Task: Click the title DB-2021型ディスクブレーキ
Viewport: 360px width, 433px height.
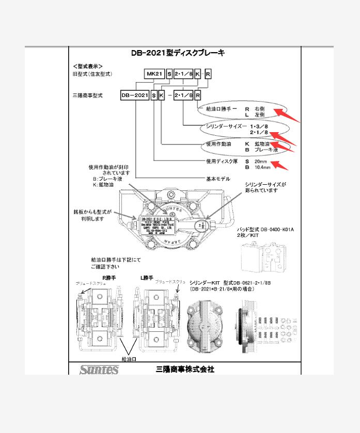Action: pos(178,53)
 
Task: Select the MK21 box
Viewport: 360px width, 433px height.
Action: pos(154,74)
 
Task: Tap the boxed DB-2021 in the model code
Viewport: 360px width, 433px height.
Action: pos(134,96)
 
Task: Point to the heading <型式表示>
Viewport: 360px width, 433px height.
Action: pos(88,67)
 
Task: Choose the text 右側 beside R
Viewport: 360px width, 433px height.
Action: pos(259,109)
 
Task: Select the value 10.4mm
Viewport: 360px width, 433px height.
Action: pos(262,168)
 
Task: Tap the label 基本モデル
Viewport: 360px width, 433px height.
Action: pos(217,179)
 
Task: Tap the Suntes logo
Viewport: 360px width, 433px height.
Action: pos(99,370)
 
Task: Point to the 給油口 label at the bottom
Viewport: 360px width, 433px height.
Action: pos(129,359)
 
